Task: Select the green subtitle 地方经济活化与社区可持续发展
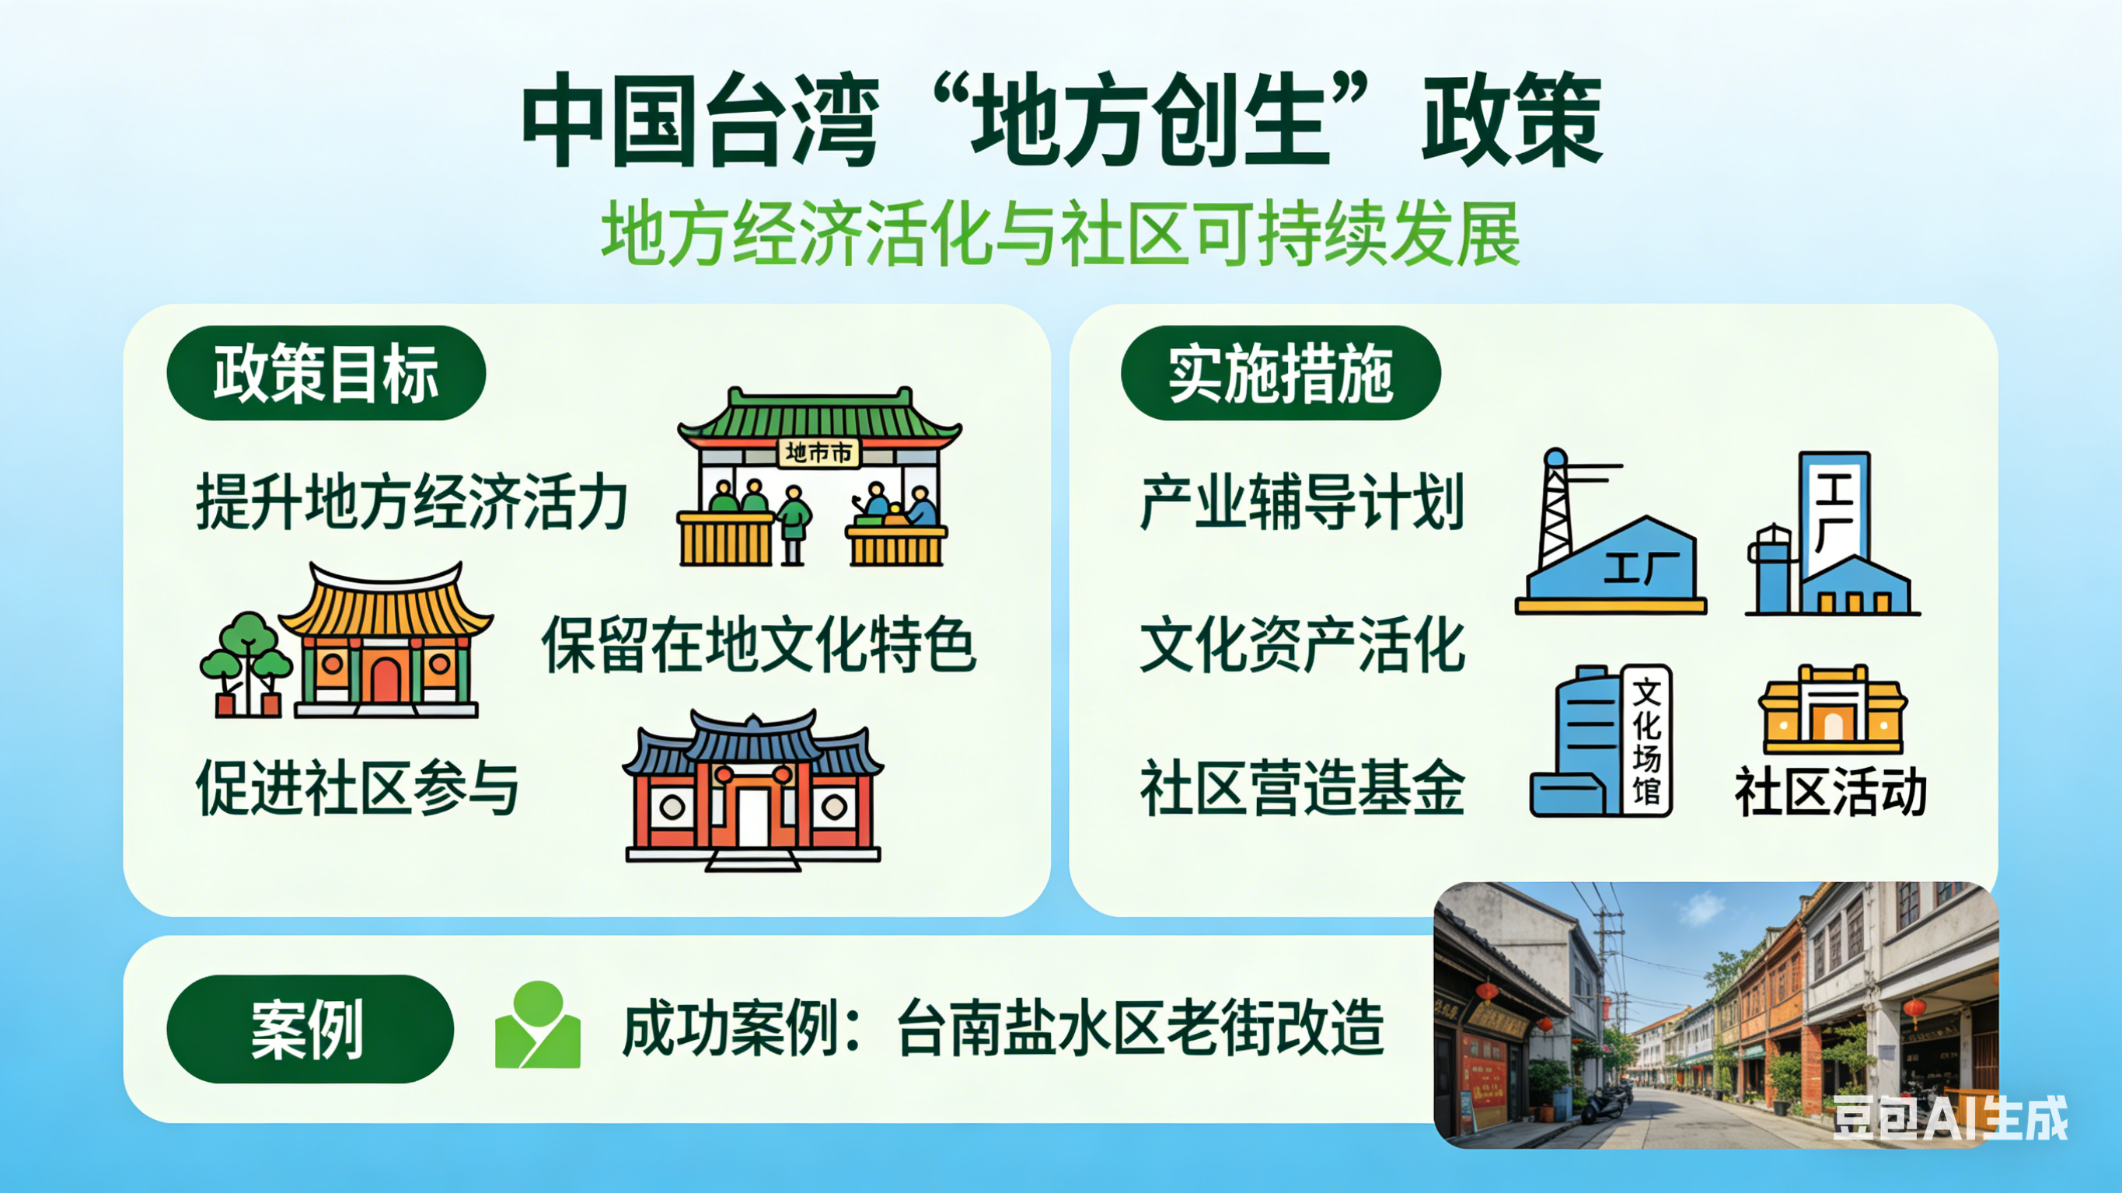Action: click(1060, 234)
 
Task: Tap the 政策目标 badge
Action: click(326, 373)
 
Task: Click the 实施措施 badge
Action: click(1281, 373)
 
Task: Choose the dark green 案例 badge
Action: click(309, 1029)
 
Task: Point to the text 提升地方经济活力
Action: click(412, 501)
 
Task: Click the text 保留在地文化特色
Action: click(759, 644)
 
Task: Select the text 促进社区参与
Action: click(358, 787)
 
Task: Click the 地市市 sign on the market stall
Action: click(818, 452)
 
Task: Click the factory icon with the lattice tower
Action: click(1611, 532)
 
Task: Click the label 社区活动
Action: click(1831, 791)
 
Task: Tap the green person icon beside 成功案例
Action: click(538, 1024)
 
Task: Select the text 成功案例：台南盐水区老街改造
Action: click(1003, 1028)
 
